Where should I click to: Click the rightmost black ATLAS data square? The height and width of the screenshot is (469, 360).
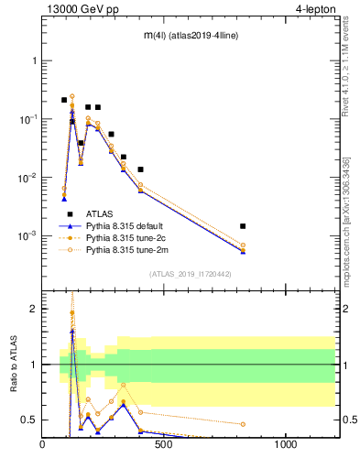(x=243, y=226)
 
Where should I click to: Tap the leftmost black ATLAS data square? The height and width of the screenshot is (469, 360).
(x=64, y=100)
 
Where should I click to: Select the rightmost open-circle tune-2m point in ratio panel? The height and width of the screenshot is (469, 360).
(x=243, y=424)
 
